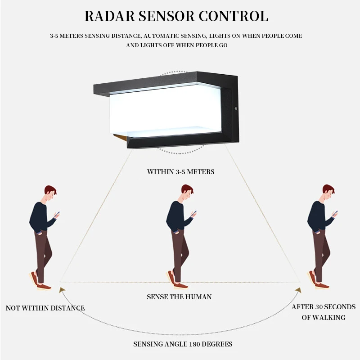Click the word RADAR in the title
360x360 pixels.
[108, 16]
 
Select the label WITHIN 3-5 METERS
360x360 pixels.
[180, 172]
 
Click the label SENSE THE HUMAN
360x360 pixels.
[179, 297]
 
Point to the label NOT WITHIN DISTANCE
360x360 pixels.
[45, 308]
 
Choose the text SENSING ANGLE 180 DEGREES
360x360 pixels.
[183, 344]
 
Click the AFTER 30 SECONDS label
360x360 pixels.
[324, 307]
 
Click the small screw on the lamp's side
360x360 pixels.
[235, 108]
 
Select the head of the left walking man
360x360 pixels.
[49, 193]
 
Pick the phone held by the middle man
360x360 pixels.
[194, 214]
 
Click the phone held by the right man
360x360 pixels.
[335, 214]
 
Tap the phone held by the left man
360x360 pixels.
[58, 214]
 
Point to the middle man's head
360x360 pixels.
[186, 193]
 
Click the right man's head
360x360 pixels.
[328, 193]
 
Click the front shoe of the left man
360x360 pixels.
[44, 286]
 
